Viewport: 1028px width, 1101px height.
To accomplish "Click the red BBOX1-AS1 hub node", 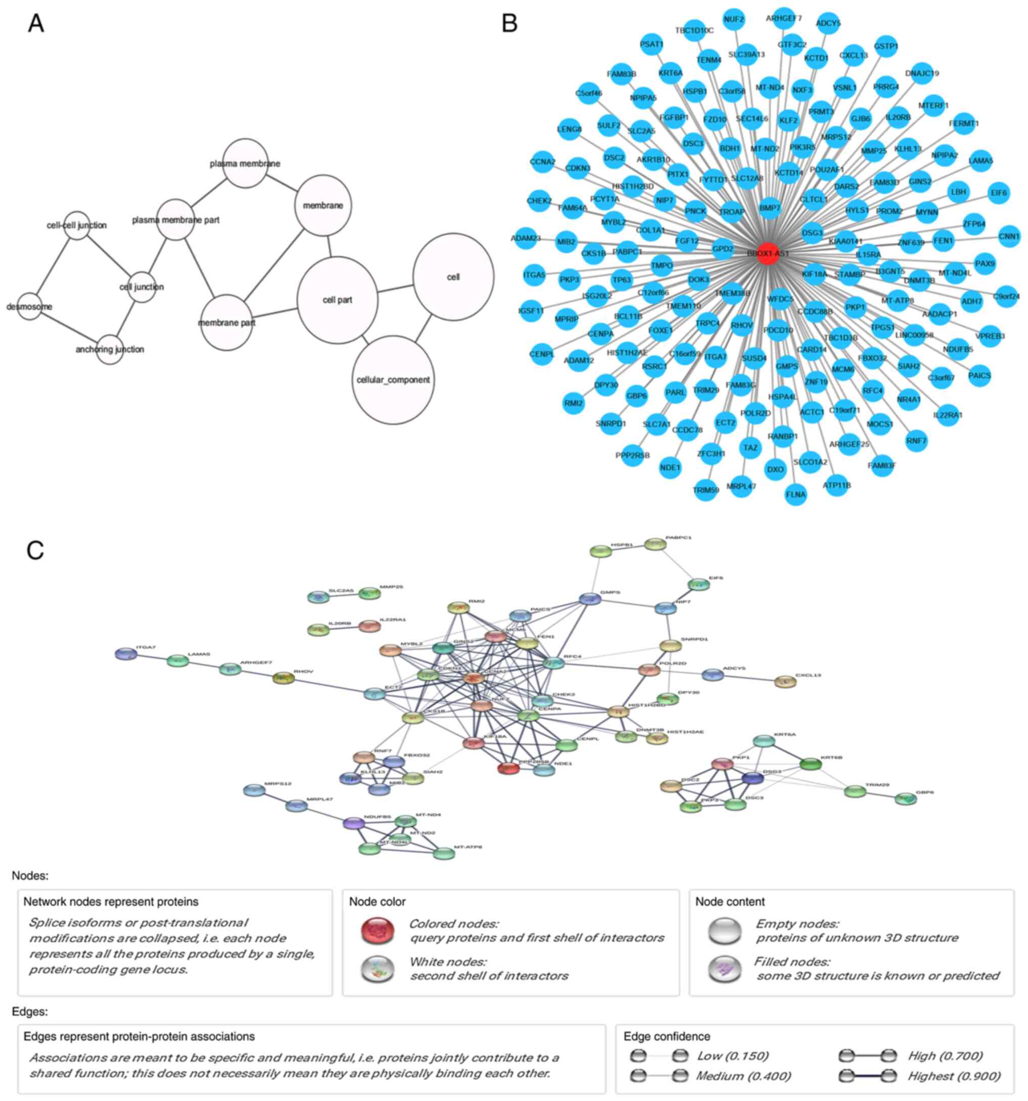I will (767, 253).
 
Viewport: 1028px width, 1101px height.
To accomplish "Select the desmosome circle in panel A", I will (30, 306).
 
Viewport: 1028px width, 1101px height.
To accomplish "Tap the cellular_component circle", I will (393, 380).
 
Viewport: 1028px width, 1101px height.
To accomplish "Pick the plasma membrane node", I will (245, 163).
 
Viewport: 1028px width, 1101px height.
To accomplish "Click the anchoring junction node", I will (110, 349).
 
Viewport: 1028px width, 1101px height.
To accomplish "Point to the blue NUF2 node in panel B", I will (734, 19).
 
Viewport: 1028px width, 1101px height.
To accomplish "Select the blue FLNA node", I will (796, 495).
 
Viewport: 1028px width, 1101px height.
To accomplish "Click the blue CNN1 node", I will (1009, 237).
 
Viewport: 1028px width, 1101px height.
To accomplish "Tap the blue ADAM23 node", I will (526, 238).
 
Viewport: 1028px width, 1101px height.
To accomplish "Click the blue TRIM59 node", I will (706, 490).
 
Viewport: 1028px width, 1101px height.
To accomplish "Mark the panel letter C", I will (35, 550).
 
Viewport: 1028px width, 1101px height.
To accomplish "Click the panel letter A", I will (36, 23).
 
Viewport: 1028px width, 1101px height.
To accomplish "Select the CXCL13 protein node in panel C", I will (785, 682).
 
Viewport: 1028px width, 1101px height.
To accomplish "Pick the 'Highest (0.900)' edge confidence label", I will (953, 1076).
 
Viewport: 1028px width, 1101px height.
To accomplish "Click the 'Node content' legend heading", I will (730, 902).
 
